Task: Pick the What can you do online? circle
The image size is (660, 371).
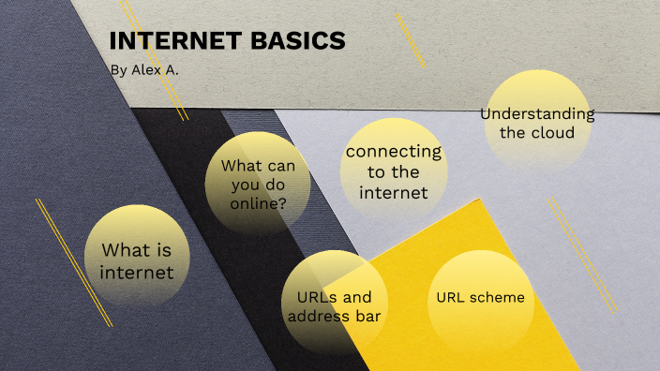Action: [x=258, y=183]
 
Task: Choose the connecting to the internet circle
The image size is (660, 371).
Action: [x=393, y=171]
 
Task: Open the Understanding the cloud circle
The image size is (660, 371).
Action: [x=537, y=122]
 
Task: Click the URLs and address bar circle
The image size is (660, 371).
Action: [x=335, y=305]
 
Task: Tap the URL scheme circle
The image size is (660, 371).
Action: [x=480, y=298]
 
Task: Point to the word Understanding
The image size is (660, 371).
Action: [x=537, y=113]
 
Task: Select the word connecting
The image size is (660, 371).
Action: [x=393, y=152]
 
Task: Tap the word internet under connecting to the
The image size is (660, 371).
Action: [x=393, y=193]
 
